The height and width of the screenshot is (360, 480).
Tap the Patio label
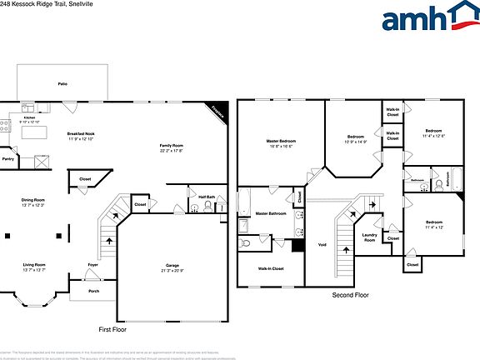point(62,85)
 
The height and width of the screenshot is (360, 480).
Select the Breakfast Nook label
point(81,135)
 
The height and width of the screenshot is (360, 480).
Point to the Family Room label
point(172,147)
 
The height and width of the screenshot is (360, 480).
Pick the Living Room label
point(33,266)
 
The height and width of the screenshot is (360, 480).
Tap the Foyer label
point(93,266)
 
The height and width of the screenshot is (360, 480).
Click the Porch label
point(93,291)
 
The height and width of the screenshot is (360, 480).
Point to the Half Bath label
point(207,197)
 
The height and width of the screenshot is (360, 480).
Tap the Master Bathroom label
point(271,214)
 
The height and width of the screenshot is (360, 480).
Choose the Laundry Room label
point(369,237)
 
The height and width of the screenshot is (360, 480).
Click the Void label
point(322,245)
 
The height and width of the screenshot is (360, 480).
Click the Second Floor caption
point(349,295)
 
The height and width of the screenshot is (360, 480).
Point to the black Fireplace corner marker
point(217,111)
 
